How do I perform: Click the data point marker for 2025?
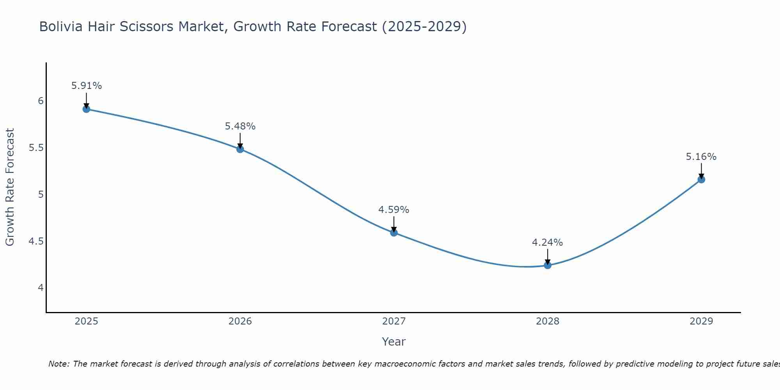[87, 109]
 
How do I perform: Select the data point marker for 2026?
[240, 149]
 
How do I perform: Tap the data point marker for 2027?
[394, 232]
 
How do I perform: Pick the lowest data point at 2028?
[548, 265]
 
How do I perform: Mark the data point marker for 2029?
[701, 179]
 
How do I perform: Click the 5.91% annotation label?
[87, 86]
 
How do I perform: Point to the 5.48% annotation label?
[240, 126]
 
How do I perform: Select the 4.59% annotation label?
[394, 210]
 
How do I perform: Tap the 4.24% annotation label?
[548, 243]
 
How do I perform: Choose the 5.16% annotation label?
[701, 157]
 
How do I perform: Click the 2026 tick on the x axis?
[240, 321]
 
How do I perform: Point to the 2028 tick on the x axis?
[548, 321]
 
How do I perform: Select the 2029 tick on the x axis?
[701, 321]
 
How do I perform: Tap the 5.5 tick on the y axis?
[36, 148]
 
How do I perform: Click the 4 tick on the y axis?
[41, 288]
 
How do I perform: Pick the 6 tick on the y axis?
[41, 101]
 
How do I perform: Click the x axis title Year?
[394, 342]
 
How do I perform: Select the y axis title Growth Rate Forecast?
[10, 187]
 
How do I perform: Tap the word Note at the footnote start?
[58, 364]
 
